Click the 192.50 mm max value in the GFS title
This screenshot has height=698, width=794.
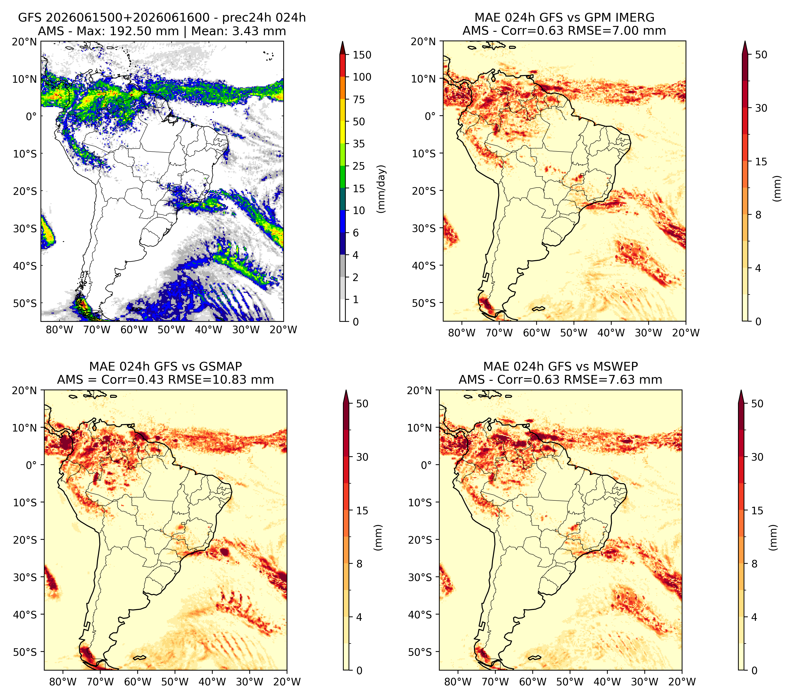pyautogui.click(x=145, y=31)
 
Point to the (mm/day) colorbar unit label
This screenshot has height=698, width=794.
pyautogui.click(x=382, y=189)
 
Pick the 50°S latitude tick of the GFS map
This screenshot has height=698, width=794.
pyautogui.click(x=25, y=303)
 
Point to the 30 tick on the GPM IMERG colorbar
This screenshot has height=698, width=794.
pyautogui.click(x=761, y=108)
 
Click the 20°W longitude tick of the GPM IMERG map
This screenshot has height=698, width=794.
pyautogui.click(x=686, y=333)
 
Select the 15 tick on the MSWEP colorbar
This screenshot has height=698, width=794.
pyautogui.click(x=757, y=510)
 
